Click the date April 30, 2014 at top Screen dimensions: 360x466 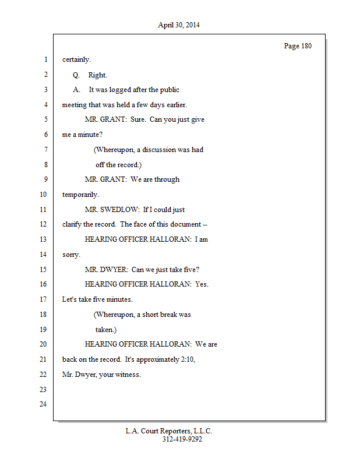179,25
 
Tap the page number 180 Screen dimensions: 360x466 306,46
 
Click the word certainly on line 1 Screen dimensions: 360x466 76,59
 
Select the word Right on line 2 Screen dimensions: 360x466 97,75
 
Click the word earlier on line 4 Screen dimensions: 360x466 177,105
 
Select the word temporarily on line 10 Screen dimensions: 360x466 80,195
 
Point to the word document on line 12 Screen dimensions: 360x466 185,224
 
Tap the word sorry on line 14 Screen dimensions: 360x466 71,255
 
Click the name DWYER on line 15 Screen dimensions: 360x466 114,270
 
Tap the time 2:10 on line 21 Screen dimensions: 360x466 188,359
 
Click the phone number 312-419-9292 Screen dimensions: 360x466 182,439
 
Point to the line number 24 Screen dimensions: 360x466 43,404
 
